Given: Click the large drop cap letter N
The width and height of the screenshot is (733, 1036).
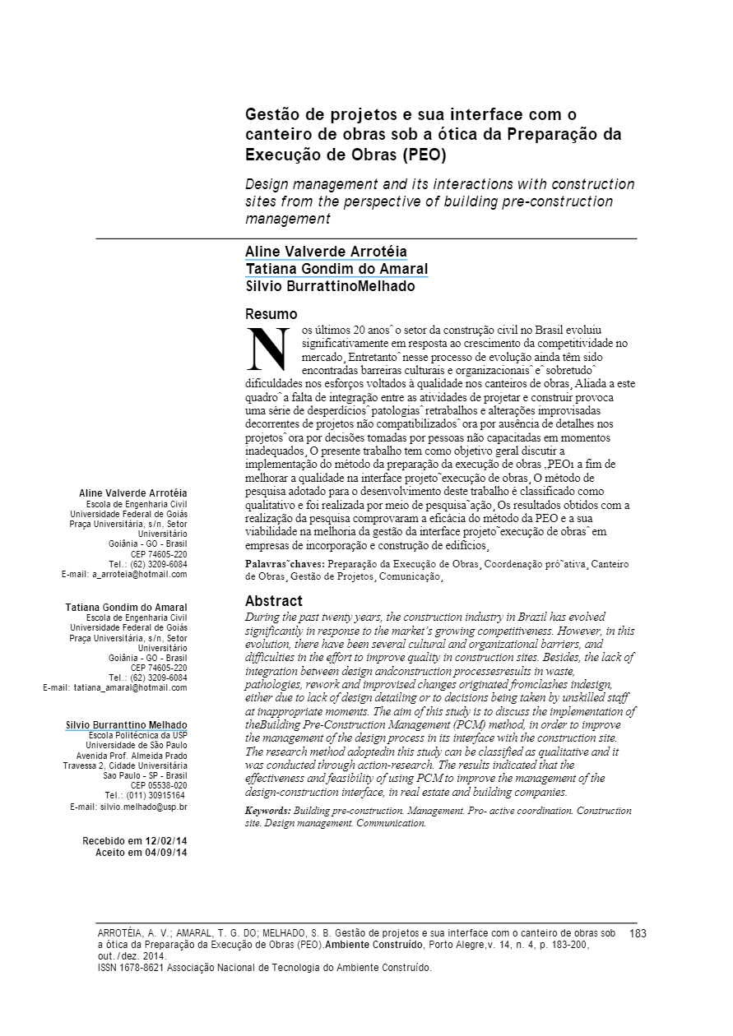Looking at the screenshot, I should (x=268, y=349).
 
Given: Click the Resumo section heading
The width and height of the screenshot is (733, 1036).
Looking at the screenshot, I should (x=271, y=314).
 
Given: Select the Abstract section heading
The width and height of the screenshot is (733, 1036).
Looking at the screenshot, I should (x=274, y=601).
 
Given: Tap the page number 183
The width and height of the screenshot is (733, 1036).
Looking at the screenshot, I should (x=638, y=934).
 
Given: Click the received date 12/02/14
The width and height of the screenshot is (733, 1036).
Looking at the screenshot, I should (x=166, y=841).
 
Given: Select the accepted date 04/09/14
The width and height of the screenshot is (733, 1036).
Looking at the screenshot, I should (x=166, y=853).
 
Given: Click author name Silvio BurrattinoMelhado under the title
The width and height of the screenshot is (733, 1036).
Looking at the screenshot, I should (x=330, y=287).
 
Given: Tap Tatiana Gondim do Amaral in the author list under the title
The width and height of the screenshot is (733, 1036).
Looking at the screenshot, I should (x=336, y=269).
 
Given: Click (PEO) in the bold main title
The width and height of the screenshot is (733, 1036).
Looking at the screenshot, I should (x=424, y=155).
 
